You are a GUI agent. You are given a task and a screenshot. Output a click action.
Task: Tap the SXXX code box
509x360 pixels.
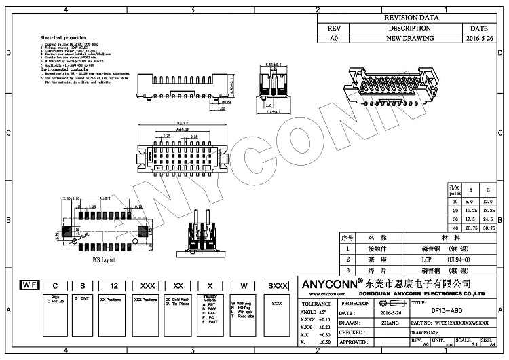click(x=276, y=285)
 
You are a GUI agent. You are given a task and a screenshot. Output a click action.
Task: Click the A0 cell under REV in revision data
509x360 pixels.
click(x=333, y=40)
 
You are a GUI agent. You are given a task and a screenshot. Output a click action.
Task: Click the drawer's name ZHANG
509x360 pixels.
click(x=392, y=323)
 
